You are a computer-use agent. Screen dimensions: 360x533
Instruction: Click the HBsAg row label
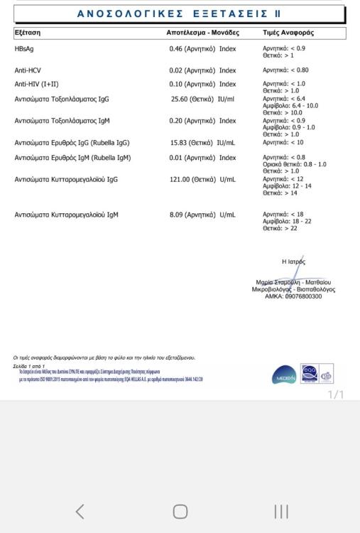24,48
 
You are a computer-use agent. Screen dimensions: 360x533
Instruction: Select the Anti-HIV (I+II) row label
37,84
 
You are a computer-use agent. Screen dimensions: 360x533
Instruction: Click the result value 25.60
183,99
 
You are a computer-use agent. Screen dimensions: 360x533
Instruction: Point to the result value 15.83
182,143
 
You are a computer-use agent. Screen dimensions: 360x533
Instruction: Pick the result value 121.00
182,179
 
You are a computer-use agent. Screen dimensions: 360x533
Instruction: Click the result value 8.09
178,214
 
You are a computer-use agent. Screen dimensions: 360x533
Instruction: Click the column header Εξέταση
28,33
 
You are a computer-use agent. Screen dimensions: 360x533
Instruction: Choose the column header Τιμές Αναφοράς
288,33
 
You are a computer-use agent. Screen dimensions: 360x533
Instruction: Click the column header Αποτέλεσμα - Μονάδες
203,33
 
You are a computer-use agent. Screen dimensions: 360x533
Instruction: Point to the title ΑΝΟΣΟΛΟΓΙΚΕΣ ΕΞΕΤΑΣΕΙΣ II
178,14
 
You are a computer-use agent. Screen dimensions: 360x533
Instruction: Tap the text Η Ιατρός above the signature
293,262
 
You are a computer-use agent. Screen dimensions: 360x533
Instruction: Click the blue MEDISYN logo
284,376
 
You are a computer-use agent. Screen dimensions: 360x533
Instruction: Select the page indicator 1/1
335,394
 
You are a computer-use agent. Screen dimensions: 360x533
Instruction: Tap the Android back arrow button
80,511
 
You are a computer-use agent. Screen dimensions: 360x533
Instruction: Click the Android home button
180,511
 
